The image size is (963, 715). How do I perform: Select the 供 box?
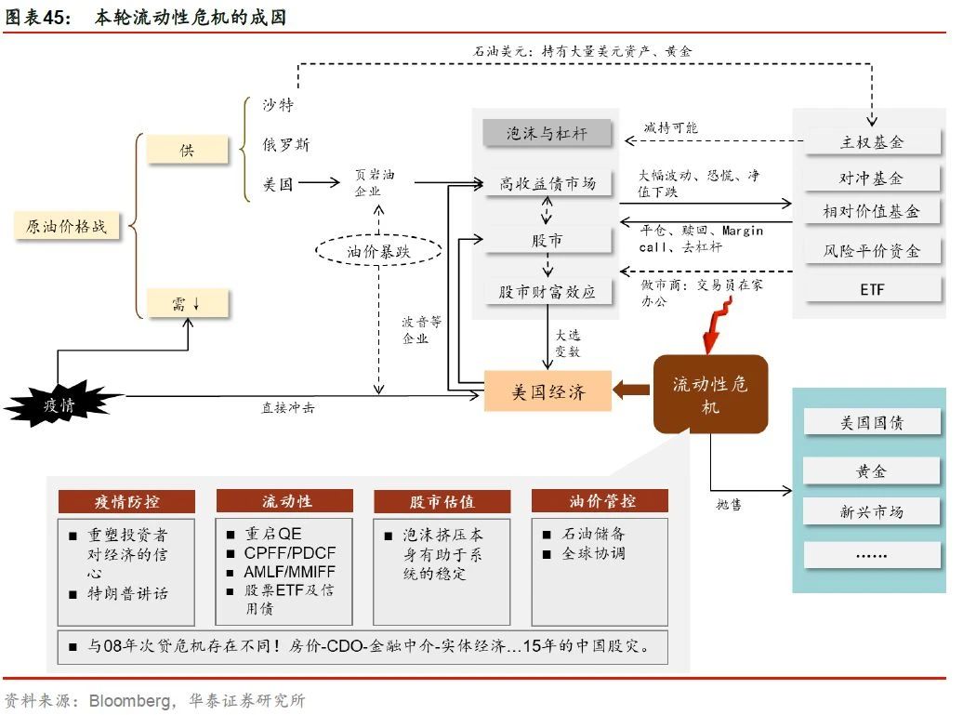pyautogui.click(x=188, y=150)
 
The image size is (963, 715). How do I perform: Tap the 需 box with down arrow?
pyautogui.click(x=188, y=303)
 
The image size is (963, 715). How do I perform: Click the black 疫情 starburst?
pyautogui.click(x=60, y=404)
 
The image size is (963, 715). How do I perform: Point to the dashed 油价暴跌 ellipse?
pyautogui.click(x=378, y=251)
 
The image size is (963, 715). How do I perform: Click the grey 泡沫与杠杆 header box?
pyautogui.click(x=547, y=133)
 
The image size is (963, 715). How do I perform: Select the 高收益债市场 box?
pyautogui.click(x=547, y=183)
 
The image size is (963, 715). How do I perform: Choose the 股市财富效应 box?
pyautogui.click(x=547, y=291)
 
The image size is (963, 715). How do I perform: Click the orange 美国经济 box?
pyautogui.click(x=547, y=391)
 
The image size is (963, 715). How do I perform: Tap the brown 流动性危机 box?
pyautogui.click(x=710, y=394)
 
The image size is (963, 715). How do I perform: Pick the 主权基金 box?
pyautogui.click(x=872, y=142)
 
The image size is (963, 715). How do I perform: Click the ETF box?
pyautogui.click(x=872, y=289)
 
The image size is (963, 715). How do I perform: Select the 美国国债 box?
pyautogui.click(x=872, y=422)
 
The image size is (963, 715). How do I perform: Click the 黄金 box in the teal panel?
pyautogui.click(x=872, y=471)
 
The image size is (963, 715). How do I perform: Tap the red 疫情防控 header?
pyautogui.click(x=126, y=501)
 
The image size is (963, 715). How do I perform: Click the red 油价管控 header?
pyautogui.click(x=600, y=501)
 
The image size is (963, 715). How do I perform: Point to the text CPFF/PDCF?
pyautogui.click(x=290, y=553)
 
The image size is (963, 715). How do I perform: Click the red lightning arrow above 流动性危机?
pyautogui.click(x=718, y=325)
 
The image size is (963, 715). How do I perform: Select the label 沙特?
pyautogui.click(x=278, y=104)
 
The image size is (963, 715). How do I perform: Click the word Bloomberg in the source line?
pyautogui.click(x=129, y=700)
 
